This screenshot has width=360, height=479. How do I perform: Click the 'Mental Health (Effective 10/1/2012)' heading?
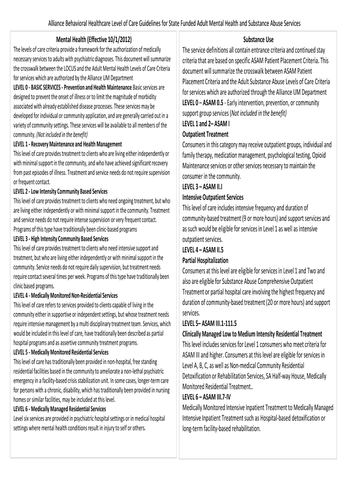tap(94, 40)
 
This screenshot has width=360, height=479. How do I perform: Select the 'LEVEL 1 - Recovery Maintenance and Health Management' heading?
tap(68, 144)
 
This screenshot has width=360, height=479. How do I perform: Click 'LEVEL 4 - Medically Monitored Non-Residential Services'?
tap(66, 295)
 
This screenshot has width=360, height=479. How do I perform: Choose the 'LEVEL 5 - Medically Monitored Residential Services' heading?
tap(61, 352)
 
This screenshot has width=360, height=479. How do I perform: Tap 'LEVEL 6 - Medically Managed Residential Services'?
tap(60, 408)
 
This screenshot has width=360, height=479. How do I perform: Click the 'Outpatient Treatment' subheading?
tap(205, 134)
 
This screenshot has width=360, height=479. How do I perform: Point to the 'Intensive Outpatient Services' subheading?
tap(213, 197)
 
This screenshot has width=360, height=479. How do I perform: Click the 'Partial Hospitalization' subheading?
tap(205, 260)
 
